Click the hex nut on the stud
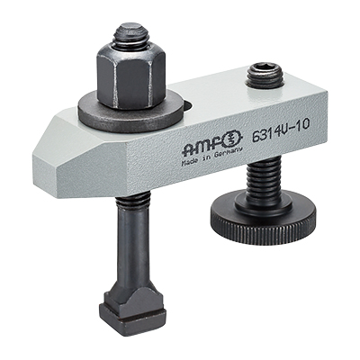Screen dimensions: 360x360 (130, 76)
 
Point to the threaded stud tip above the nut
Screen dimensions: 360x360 (130, 35)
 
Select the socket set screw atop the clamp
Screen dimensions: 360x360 (265, 76)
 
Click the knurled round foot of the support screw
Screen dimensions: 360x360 (263, 221)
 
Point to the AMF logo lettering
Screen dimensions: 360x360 (203, 147)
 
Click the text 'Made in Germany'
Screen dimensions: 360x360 (211, 157)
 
